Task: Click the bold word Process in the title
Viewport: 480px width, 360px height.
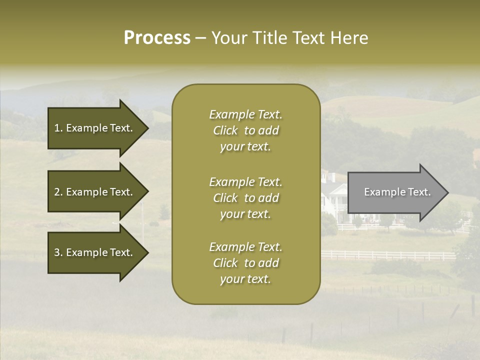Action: [x=157, y=38]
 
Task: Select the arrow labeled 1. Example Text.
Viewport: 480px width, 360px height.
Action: [x=95, y=128]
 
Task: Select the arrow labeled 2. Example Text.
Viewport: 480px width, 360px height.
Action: [x=95, y=192]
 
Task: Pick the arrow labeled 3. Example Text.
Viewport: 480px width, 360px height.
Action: [x=95, y=252]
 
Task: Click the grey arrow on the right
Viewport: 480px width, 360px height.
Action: [x=395, y=192]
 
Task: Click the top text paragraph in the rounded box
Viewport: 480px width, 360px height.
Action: [x=245, y=130]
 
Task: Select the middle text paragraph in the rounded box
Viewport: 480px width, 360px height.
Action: [x=245, y=198]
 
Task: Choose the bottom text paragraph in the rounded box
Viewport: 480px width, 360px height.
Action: [x=245, y=263]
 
